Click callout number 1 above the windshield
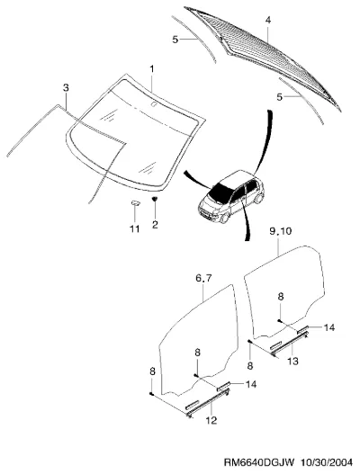pyautogui.click(x=152, y=69)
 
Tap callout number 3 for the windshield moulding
pyautogui.click(x=66, y=87)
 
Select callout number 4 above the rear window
pyautogui.click(x=268, y=20)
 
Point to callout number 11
pyautogui.click(x=135, y=228)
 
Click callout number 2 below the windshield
pyautogui.click(x=155, y=225)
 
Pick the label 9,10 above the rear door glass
pyautogui.click(x=280, y=231)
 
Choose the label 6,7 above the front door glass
pyautogui.click(x=203, y=278)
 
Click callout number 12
pyautogui.click(x=211, y=420)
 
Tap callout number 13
pyautogui.click(x=292, y=361)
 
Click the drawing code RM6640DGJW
pyautogui.click(x=259, y=462)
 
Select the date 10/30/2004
pyautogui.click(x=327, y=462)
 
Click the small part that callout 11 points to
pyautogui.click(x=135, y=202)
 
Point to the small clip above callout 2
pyautogui.click(x=155, y=199)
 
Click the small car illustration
pyautogui.click(x=231, y=197)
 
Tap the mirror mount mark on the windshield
pyautogui.click(x=154, y=105)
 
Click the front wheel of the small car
pyautogui.click(x=224, y=218)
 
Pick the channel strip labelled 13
pyautogui.click(x=290, y=343)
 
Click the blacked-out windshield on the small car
pyautogui.click(x=220, y=193)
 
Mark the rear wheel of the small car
pyautogui.click(x=259, y=199)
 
